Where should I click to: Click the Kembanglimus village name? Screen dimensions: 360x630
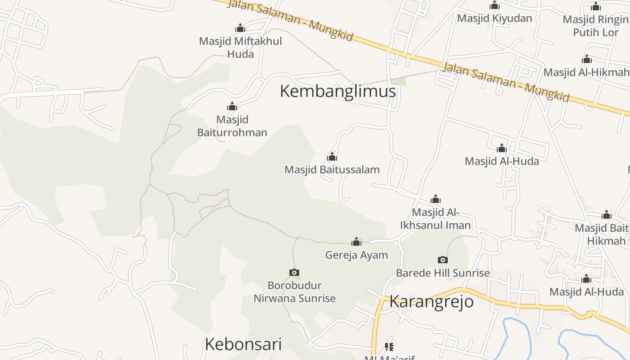pos(337,91)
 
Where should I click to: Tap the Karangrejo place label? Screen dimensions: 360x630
pos(431,301)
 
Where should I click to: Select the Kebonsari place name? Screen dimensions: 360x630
pos(243,344)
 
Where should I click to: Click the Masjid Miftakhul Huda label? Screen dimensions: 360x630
pos(240,47)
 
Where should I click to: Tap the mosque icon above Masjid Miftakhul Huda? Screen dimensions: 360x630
pos(240,28)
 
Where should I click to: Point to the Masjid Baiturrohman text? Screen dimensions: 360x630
pos(232,126)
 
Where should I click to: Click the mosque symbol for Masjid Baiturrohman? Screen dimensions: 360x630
pos(232,107)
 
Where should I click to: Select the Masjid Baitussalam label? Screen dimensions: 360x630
pos(332,170)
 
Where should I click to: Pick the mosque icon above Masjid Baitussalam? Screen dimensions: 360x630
pos(332,157)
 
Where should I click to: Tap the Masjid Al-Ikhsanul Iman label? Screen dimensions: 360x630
pos(435,219)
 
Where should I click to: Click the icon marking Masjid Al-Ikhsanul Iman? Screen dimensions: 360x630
pos(436,199)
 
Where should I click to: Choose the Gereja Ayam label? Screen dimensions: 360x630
pos(356,255)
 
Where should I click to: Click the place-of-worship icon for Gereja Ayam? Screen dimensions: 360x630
pos(356,242)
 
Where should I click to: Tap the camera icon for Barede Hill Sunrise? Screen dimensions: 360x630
pos(443,260)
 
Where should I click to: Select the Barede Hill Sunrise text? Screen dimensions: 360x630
pos(443,273)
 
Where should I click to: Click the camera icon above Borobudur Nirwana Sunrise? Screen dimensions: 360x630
pos(294,272)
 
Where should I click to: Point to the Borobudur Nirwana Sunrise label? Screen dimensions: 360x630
pos(295,292)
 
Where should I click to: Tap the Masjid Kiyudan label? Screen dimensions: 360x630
pos(495,18)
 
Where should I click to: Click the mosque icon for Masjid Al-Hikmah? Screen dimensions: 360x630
pos(586,59)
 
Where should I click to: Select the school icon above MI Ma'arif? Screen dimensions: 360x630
pos(389,346)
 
